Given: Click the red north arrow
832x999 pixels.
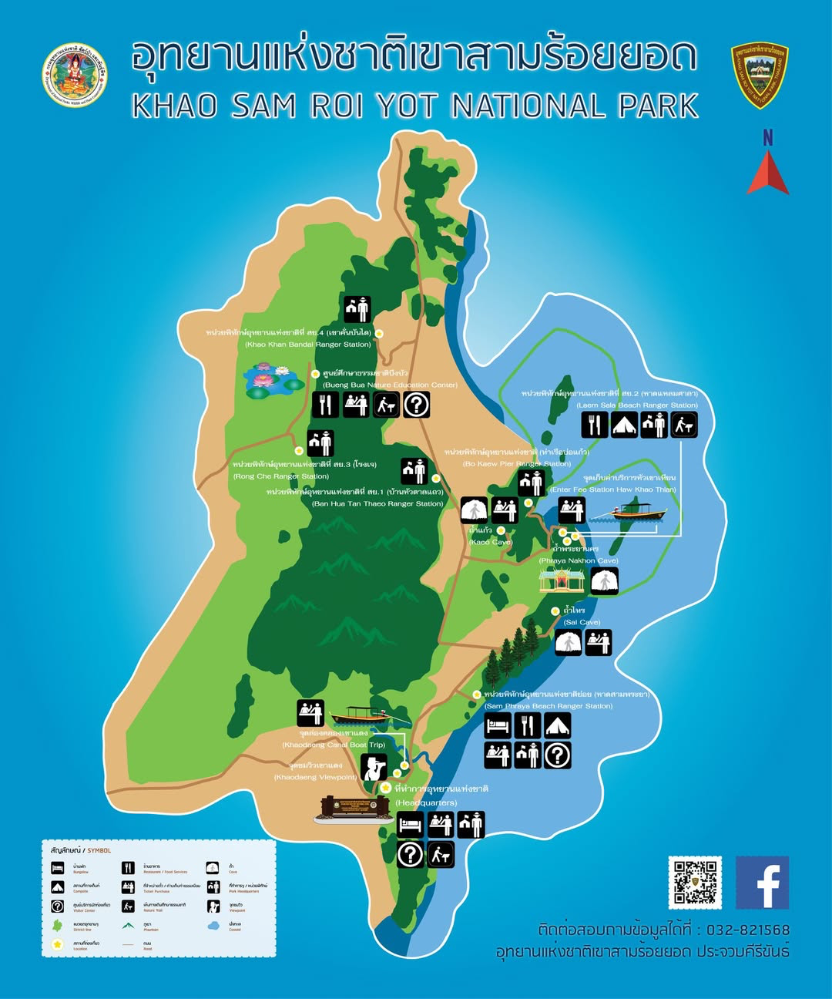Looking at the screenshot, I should coord(767,173).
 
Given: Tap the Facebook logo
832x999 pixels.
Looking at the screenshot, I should coord(762,883).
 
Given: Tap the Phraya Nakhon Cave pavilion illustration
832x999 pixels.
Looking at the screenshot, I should coord(562,580).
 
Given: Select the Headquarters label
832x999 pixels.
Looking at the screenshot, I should coord(426,802).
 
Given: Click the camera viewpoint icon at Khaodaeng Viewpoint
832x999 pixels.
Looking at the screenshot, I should coord(374,768).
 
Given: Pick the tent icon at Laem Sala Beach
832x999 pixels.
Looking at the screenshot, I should coord(623,425).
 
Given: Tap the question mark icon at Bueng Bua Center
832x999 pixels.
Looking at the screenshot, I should coord(416,405).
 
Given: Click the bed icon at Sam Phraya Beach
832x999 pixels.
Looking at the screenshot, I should coord(497,726).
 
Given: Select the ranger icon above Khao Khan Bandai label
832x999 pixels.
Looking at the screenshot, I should coord(357,309).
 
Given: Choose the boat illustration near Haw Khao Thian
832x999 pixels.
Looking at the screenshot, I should coord(639,512).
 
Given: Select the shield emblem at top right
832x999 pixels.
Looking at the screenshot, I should coord(759,75).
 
